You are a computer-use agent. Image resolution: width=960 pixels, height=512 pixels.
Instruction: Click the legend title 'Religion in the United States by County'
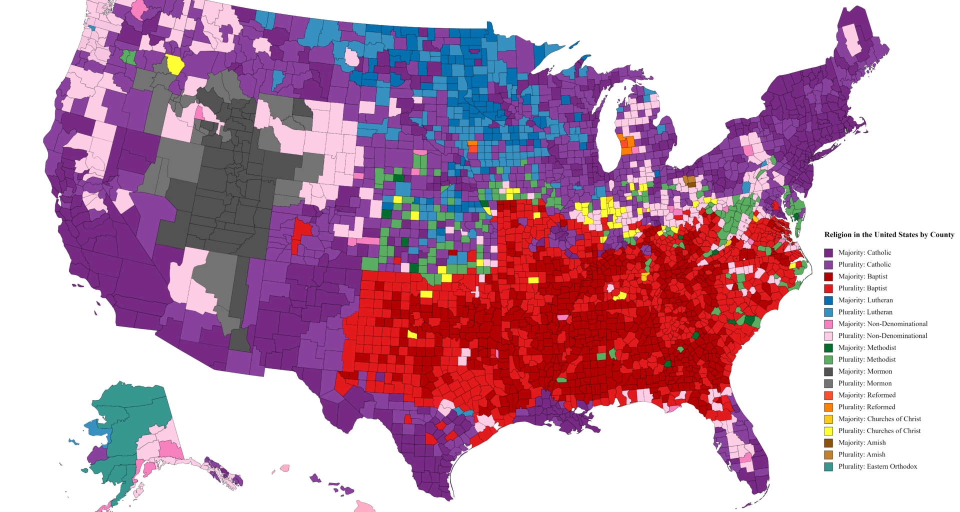point(889,234)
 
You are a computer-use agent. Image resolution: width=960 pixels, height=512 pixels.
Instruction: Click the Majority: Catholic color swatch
point(828,253)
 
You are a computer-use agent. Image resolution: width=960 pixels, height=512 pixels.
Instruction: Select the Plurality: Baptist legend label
point(862,288)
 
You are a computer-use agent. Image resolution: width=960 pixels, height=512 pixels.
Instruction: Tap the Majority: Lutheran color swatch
point(828,300)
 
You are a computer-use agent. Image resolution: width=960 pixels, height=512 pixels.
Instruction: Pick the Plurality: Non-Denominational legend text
point(882,336)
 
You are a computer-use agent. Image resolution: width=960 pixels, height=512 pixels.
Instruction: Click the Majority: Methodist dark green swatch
point(828,348)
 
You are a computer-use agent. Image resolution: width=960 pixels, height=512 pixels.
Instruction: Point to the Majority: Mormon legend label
point(865,371)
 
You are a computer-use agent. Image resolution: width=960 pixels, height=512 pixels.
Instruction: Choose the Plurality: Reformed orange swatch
point(828,407)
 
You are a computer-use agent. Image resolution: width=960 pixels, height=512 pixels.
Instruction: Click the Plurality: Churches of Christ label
point(879,431)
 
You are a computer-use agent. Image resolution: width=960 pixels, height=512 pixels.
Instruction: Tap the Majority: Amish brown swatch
point(828,443)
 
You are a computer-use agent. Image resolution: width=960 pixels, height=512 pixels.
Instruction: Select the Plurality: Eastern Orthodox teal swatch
point(828,467)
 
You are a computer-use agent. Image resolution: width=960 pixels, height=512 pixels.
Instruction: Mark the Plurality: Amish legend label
point(861,455)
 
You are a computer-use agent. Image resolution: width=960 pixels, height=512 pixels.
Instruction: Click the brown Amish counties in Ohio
point(689,180)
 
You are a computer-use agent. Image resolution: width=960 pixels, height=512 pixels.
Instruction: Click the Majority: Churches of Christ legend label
point(879,419)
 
